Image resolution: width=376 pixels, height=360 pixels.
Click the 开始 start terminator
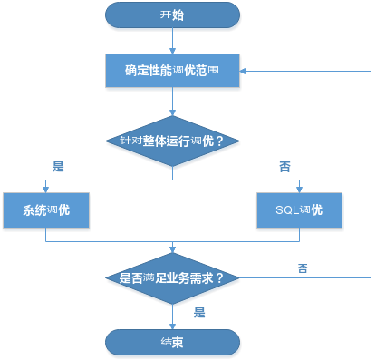(172, 15)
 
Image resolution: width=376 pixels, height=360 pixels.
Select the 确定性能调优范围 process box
(172, 69)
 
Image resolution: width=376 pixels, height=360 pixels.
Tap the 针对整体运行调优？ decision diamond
(172, 142)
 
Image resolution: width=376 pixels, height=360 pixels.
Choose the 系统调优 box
(47, 210)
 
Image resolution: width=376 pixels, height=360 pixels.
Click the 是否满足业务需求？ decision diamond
(172, 277)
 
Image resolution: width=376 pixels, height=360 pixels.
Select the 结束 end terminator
(172, 342)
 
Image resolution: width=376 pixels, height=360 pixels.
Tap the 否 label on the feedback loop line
(302, 268)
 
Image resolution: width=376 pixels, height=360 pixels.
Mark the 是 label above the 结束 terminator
(199, 312)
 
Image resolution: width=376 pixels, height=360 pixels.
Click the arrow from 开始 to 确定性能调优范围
(172, 41)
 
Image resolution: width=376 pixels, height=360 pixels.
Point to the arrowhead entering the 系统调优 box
(47, 187)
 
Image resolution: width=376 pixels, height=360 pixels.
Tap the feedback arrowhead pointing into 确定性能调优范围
(246, 69)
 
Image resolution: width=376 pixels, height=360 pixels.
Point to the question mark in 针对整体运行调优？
(219, 142)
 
